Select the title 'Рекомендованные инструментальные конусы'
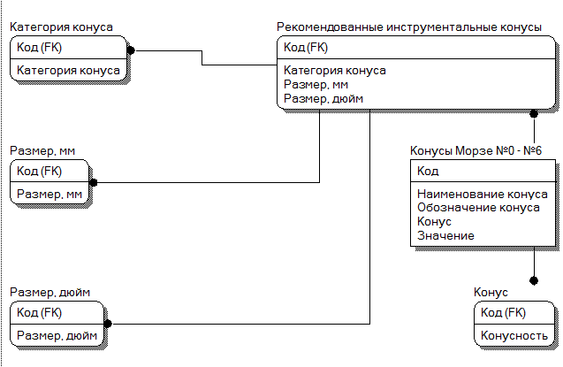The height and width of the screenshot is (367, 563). pos(408,27)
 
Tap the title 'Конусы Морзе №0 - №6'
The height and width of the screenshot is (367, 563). pos(476,149)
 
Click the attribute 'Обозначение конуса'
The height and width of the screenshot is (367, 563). pos(478,208)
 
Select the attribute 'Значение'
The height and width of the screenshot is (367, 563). pos(445,235)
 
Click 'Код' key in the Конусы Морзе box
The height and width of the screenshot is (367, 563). pos(428,171)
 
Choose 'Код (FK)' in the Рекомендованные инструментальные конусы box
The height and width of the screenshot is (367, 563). pos(305,48)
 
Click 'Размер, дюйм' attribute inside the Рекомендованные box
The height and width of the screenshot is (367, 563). pos(323,98)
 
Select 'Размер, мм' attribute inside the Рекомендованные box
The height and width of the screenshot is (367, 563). pos(316,84)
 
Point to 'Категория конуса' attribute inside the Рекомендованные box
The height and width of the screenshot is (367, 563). pos(335,70)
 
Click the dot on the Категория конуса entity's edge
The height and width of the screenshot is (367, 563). pos(130,49)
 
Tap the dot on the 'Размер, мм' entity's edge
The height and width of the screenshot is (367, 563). pos(93,182)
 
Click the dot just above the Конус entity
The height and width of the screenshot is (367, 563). pos(534,280)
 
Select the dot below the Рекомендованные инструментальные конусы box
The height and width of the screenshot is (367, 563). pos(534,113)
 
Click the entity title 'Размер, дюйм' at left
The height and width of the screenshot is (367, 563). pos(50,292)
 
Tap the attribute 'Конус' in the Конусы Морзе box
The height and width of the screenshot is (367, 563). pos(434,221)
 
